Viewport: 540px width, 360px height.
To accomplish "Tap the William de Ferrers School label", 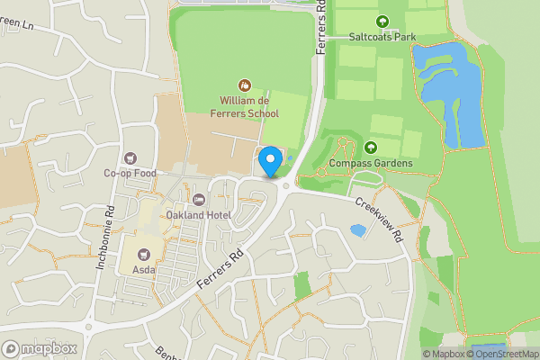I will (x=246, y=108).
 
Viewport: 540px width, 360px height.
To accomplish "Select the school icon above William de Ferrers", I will (x=244, y=85).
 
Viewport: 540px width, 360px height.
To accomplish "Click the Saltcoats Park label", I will (x=382, y=37).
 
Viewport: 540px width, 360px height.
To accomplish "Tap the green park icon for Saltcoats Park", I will (x=382, y=22).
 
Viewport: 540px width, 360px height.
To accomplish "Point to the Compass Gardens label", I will (x=371, y=163).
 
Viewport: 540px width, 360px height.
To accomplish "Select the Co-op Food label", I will (x=130, y=173).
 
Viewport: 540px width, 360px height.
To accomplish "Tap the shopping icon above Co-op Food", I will (x=130, y=157).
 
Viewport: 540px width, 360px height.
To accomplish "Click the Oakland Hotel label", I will (x=199, y=215).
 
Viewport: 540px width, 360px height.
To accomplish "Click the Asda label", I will (x=144, y=269).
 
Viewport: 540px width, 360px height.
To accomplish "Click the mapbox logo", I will (x=40, y=348).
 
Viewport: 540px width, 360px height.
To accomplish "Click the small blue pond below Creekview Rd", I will (x=357, y=230).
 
